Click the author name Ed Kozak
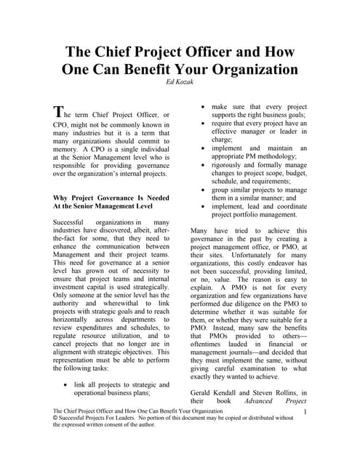[x=180, y=84]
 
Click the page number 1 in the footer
[x=306, y=413]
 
